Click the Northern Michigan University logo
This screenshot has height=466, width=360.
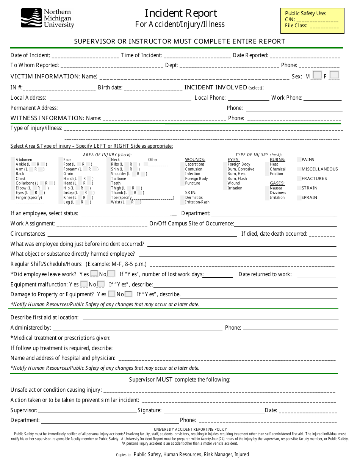[47, 18]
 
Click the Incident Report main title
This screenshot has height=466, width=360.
[181, 13]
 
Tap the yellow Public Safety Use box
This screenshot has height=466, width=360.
[312, 20]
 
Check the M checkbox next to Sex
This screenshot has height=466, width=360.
[318, 75]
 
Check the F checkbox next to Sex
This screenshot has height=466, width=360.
[334, 75]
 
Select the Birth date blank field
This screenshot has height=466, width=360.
[153, 88]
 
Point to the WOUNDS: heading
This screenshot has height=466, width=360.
[195, 160]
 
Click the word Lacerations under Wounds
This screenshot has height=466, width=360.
[195, 164]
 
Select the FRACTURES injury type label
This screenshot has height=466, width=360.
[314, 178]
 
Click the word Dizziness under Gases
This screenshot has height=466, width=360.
[278, 193]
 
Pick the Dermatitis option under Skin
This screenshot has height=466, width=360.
[194, 198]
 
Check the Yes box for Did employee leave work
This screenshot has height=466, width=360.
[94, 274]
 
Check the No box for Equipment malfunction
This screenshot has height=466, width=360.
[101, 284]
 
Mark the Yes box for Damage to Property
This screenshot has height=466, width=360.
[112, 294]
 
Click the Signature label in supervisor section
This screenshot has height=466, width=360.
[149, 410]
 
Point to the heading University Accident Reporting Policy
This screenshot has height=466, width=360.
[180, 429]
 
